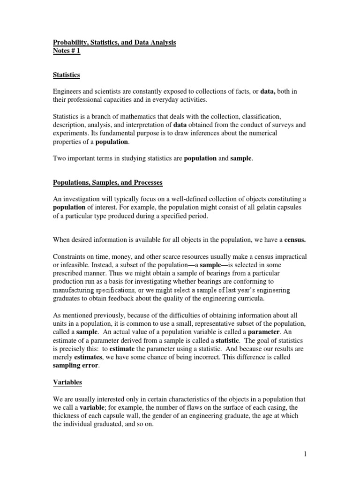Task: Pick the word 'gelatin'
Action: pos(266,208)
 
